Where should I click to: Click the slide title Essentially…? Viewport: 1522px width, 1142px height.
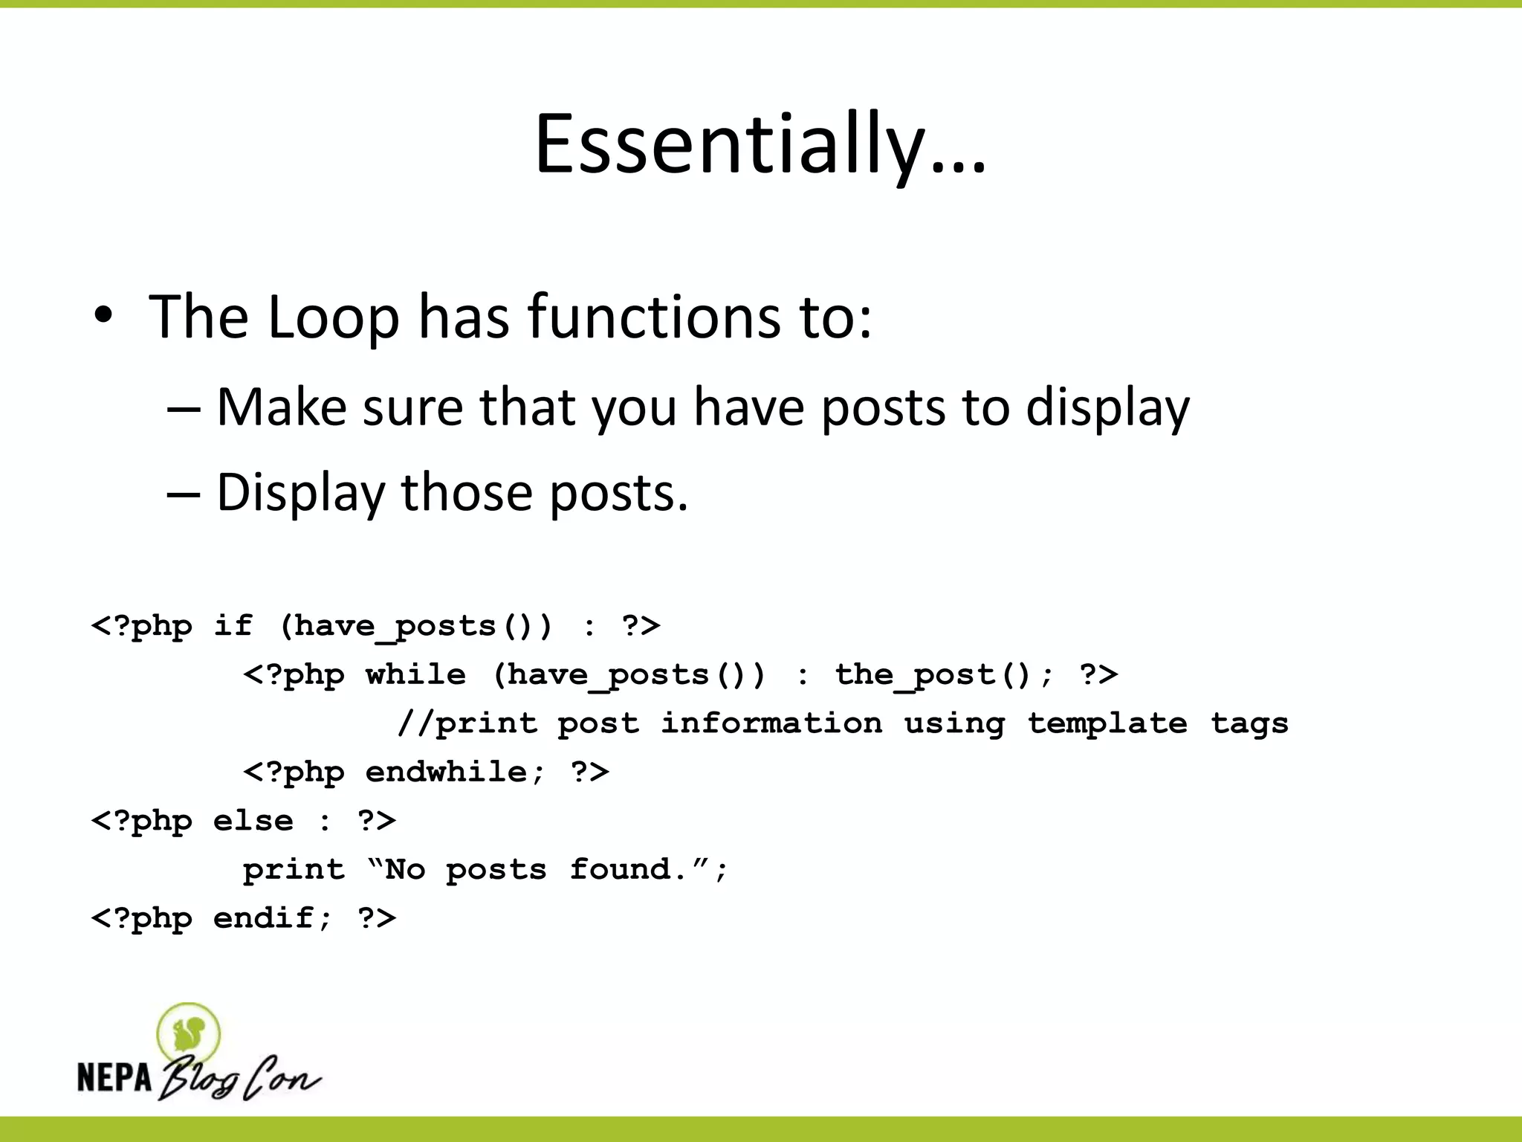pos(760,144)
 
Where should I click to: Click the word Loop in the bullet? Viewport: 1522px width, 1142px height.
pos(333,317)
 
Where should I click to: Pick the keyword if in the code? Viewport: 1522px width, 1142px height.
pos(233,625)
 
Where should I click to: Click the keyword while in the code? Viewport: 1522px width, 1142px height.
pos(415,674)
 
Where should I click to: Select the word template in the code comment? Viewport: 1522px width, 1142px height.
pos(1107,723)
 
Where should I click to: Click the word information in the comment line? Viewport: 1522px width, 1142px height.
pos(771,723)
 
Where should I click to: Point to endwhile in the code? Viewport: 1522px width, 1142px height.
pos(446,772)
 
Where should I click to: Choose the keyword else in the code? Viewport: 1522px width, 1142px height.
pos(253,821)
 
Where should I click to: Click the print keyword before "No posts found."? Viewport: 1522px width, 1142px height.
pos(294,869)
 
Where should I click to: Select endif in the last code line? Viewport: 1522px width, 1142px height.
pos(263,918)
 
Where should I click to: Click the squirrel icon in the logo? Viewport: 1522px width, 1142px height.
pos(189,1033)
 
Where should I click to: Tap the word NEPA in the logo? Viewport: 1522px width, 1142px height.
pos(114,1077)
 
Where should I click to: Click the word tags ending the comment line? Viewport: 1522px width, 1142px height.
pos(1249,723)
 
